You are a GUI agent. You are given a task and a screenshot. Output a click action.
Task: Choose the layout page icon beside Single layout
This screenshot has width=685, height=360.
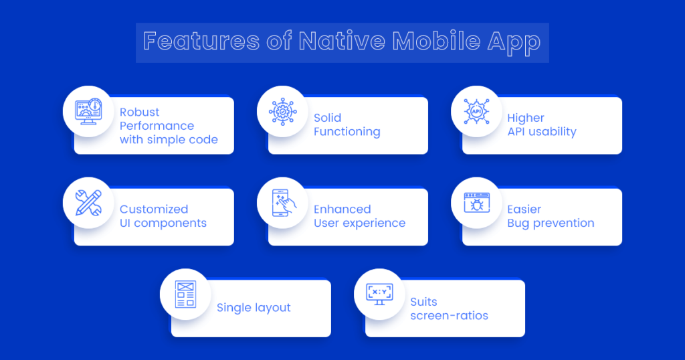(185, 294)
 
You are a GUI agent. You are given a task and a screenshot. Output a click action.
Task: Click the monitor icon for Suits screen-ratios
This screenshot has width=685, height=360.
(379, 294)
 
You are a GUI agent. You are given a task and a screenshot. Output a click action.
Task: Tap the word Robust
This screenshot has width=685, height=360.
(139, 112)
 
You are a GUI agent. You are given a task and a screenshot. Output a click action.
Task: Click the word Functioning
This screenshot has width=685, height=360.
(347, 132)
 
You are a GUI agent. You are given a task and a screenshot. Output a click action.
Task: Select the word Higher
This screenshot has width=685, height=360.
(525, 118)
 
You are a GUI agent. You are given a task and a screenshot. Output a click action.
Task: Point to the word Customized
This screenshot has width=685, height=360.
(154, 209)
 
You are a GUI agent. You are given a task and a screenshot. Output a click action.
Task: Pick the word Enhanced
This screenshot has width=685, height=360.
(342, 209)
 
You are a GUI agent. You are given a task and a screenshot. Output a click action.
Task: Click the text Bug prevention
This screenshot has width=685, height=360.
(551, 223)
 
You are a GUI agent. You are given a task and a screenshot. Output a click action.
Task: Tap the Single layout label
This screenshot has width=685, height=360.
(254, 308)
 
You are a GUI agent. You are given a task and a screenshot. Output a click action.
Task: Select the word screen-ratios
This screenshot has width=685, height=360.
(449, 314)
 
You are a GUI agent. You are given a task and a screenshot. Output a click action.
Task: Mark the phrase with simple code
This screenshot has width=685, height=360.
(169, 140)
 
